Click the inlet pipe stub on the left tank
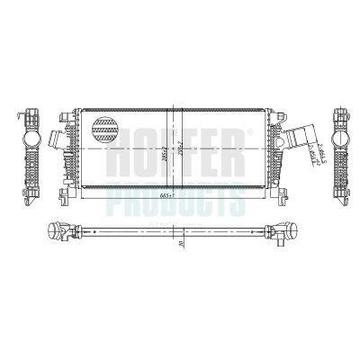[56, 139]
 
